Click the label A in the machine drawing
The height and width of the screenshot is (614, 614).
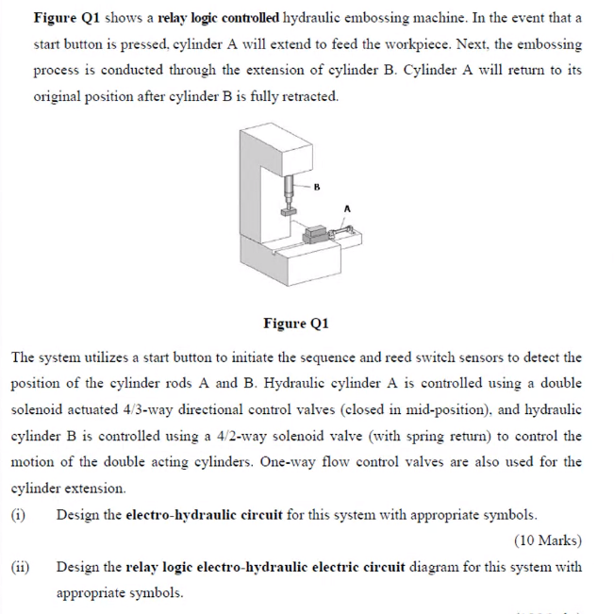(347, 207)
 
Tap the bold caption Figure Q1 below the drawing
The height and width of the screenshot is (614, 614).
(295, 324)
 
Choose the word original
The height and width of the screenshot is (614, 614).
(60, 97)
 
